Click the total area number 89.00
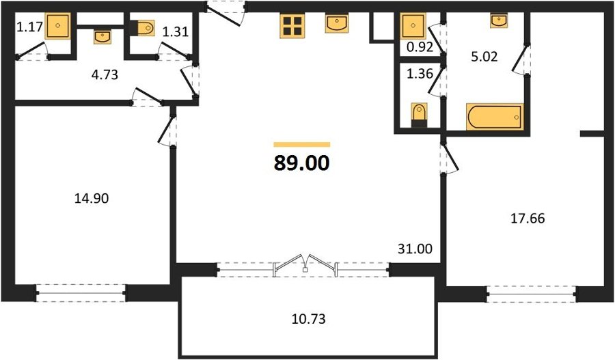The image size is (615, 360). click(x=301, y=163)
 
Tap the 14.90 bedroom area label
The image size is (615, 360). click(x=92, y=198)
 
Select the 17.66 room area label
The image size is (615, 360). click(x=528, y=218)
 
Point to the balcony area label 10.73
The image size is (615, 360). click(x=309, y=319)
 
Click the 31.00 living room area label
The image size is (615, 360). click(x=415, y=249)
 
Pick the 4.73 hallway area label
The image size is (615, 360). click(x=105, y=74)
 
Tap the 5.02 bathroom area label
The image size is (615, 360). click(x=484, y=57)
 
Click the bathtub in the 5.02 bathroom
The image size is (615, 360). click(x=495, y=116)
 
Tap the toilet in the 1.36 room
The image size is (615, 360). click(x=419, y=115)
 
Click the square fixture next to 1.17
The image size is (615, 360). click(x=57, y=25)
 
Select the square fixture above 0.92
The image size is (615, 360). click(x=413, y=26)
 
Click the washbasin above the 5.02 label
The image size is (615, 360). click(x=499, y=20)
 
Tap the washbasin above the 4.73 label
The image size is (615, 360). click(x=102, y=37)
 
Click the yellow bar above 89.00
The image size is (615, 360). click(x=302, y=144)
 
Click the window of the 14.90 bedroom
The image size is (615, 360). click(x=81, y=293)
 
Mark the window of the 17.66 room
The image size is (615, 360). click(x=532, y=294)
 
